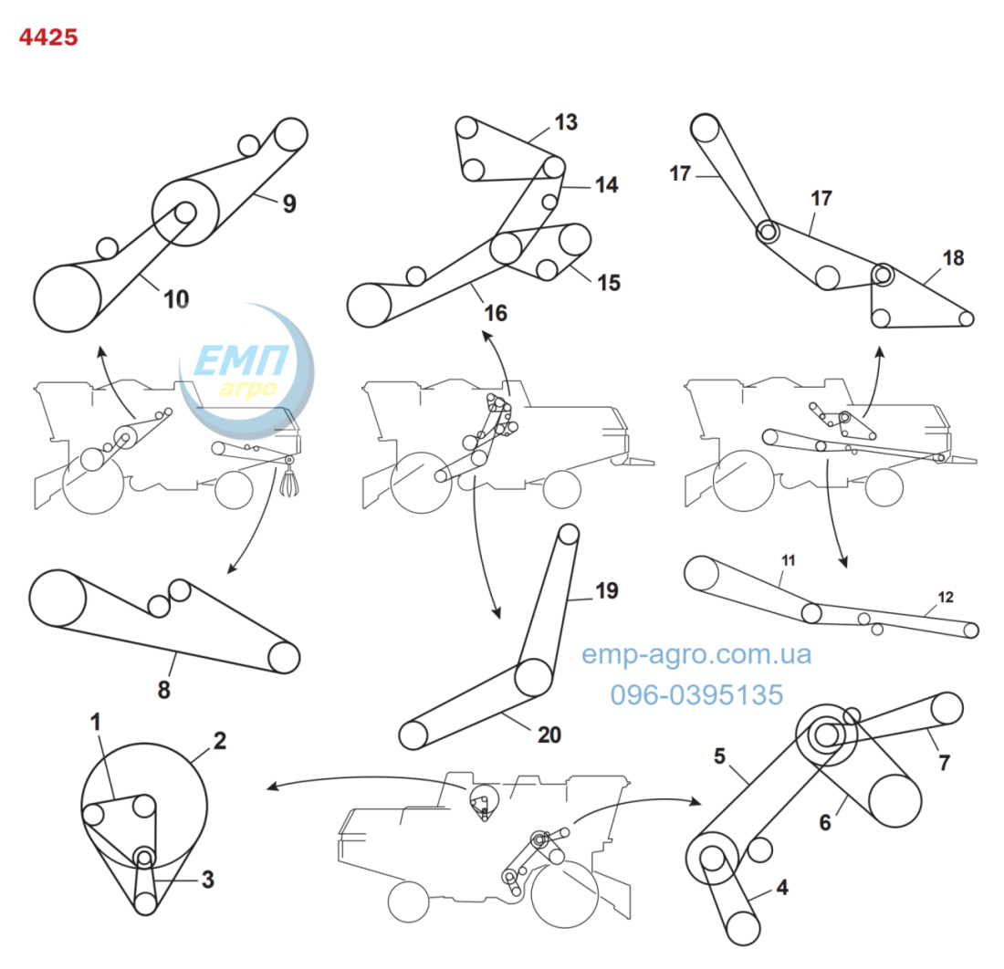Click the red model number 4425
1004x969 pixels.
(48, 37)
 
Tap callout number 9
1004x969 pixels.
(289, 203)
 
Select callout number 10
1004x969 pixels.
(176, 299)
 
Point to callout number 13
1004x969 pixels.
(566, 121)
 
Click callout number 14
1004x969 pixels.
(606, 185)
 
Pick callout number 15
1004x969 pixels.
(609, 283)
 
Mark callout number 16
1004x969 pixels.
(496, 313)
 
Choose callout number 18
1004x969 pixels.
(954, 258)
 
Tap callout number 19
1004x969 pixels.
(607, 590)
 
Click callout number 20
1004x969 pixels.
(549, 735)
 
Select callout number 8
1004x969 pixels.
(164, 690)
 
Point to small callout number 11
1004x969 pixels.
(789, 560)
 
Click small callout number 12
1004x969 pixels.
(946, 597)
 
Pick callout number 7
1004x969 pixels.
(944, 762)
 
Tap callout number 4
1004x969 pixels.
(782, 887)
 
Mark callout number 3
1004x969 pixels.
(207, 880)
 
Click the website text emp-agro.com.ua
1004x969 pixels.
(696, 654)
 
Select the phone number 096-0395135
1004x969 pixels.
(696, 694)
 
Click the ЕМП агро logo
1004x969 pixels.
(246, 371)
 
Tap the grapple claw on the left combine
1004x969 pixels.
(289, 479)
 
